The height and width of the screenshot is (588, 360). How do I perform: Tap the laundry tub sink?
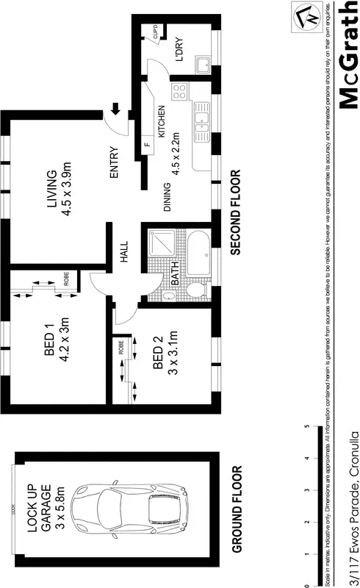pyautogui.click(x=202, y=66)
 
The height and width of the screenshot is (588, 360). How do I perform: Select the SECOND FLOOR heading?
pyautogui.click(x=236, y=212)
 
